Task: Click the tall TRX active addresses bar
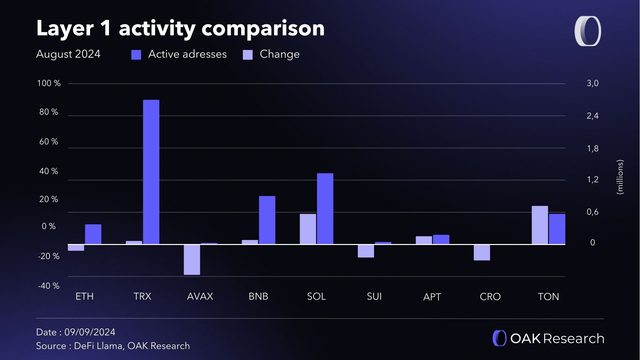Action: (x=151, y=172)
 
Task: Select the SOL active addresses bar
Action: (x=325, y=209)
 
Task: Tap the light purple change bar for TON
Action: (x=540, y=225)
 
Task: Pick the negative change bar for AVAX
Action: (x=192, y=260)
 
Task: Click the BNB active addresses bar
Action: (x=267, y=220)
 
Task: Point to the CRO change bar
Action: (x=482, y=252)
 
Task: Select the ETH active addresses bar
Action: (x=93, y=234)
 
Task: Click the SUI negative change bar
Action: (x=366, y=251)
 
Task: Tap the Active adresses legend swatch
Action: (x=136, y=55)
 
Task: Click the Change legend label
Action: (x=279, y=54)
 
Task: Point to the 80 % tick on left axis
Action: (x=49, y=112)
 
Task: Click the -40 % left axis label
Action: (x=49, y=286)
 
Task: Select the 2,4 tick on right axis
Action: (x=592, y=116)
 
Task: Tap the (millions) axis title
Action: (x=620, y=177)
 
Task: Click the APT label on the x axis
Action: (x=432, y=297)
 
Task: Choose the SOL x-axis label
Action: (x=316, y=296)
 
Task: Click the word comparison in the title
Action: (x=263, y=28)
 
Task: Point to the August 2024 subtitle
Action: (x=68, y=54)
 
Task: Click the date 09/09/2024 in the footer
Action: (x=90, y=332)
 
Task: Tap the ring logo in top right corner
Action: (x=588, y=31)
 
